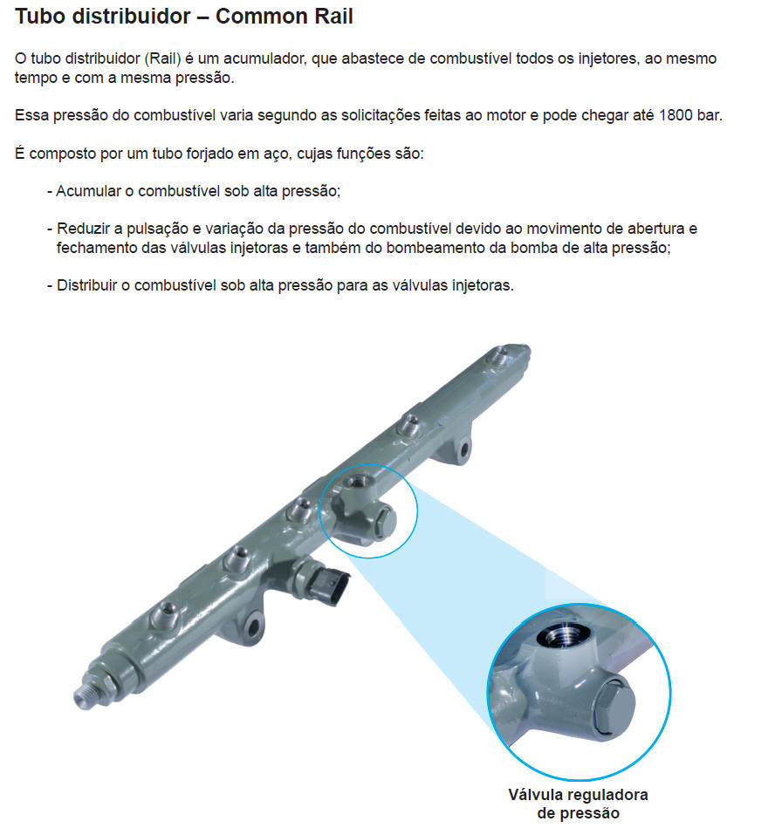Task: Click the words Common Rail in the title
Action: pyautogui.click(x=284, y=17)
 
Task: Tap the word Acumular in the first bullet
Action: pyautogui.click(x=88, y=190)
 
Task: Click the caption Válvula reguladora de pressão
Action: pyautogui.click(x=578, y=804)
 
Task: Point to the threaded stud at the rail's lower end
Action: pyautogui.click(x=89, y=694)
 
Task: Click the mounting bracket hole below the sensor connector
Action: pyautogui.click(x=254, y=627)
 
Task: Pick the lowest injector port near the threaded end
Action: pyautogui.click(x=165, y=615)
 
